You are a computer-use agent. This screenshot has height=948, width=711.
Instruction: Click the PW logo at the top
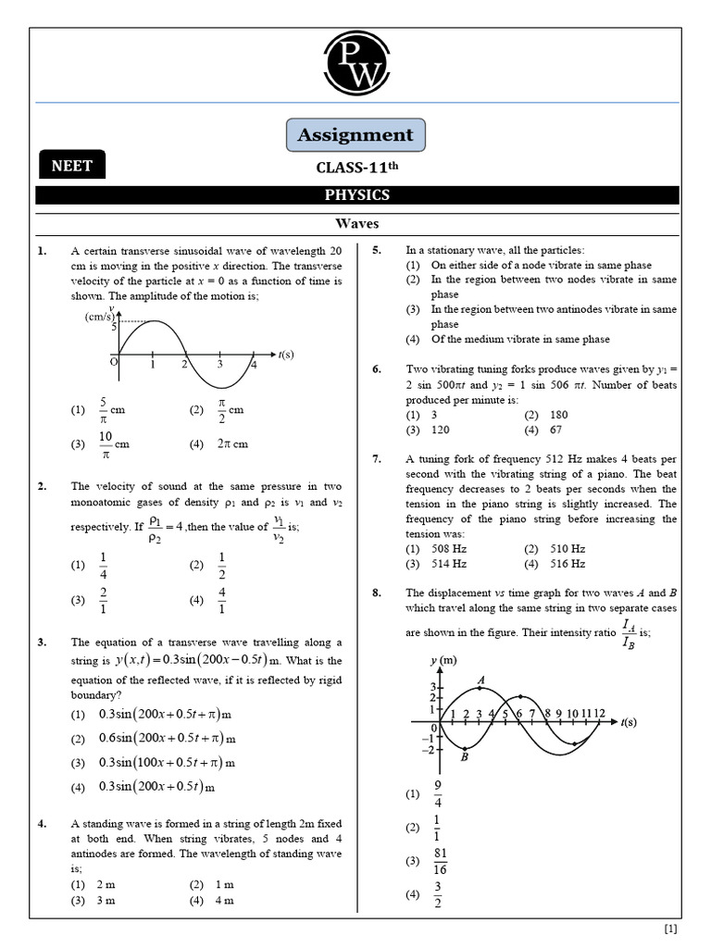356,65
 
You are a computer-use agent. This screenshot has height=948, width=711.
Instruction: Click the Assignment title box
356,135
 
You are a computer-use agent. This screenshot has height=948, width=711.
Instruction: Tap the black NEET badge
71,166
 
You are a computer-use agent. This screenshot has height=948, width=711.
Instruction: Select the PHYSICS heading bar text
356,195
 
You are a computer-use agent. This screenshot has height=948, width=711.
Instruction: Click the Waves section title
356,224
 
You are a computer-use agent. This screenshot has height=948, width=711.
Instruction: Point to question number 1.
42,251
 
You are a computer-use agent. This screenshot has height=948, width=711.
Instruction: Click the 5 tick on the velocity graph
114,326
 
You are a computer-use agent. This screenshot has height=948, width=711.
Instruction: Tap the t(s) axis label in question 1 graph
286,355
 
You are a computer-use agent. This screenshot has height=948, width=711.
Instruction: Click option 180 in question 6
558,415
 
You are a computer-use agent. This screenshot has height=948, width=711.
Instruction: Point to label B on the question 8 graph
464,758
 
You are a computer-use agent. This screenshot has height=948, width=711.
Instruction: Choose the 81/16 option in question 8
439,861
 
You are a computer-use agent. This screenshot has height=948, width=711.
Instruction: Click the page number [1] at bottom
670,929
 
